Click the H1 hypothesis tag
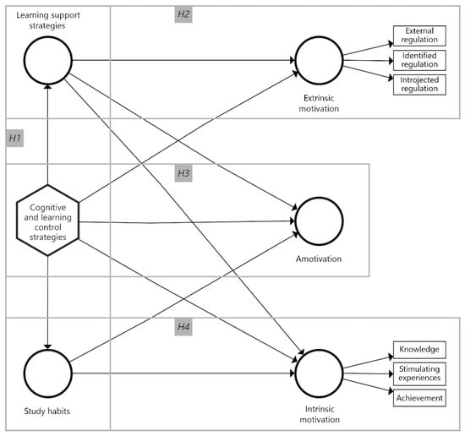pos(15,137)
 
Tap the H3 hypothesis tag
pos(184,173)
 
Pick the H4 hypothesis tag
pos(184,326)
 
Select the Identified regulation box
pos(417,61)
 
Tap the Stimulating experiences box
pos(417,372)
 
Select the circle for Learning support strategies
pos(48,60)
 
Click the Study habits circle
pos(48,372)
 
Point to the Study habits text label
pos(48,411)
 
